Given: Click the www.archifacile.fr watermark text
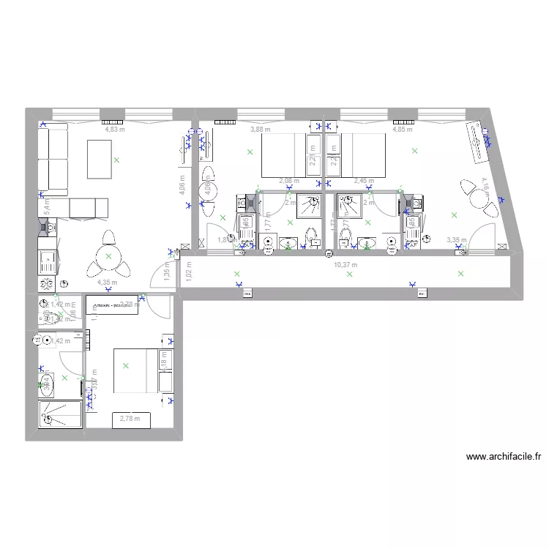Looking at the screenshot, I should coord(504,457).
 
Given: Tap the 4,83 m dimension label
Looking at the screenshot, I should coord(115,130).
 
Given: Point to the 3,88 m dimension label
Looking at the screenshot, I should coord(260,130).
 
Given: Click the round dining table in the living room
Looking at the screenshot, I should coord(108,255).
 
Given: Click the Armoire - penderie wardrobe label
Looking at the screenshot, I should coord(110,305).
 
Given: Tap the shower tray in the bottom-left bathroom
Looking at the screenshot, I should coord(60,414).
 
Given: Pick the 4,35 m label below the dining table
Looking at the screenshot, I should coord(108,282).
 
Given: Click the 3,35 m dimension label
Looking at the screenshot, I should coord(456,239).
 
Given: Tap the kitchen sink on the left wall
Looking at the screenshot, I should coord(47,257).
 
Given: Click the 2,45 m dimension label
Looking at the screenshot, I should coord(363,180).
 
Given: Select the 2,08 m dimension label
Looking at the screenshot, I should coord(289,180).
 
